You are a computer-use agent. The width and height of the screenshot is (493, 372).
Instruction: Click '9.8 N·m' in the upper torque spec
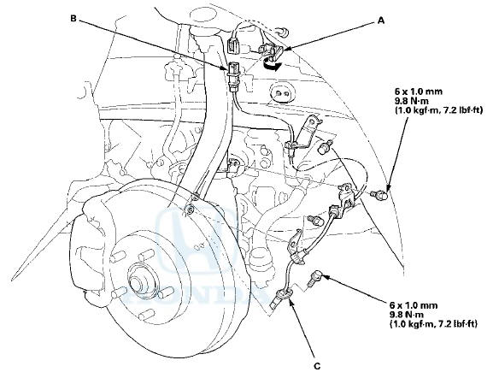point(410,98)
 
